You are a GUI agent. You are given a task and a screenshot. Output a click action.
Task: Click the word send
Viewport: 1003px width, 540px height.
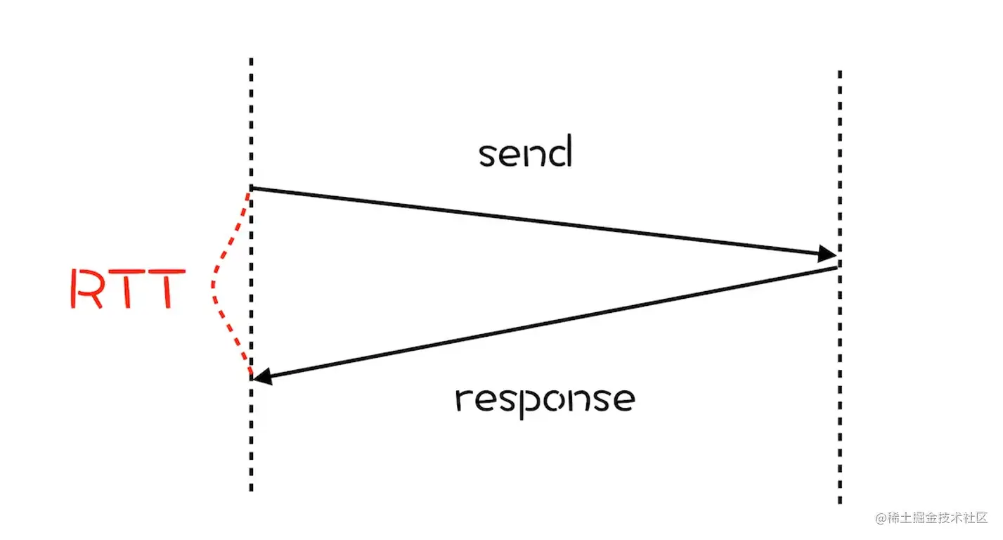tap(525, 153)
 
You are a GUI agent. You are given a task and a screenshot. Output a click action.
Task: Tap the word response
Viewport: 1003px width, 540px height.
tap(545, 400)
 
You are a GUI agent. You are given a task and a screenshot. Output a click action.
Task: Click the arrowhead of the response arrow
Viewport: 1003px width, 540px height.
tap(261, 378)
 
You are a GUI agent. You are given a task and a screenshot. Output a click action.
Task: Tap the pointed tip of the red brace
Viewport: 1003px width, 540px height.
tap(212, 285)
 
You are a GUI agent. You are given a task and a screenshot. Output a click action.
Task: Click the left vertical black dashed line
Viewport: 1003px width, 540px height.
tap(251, 436)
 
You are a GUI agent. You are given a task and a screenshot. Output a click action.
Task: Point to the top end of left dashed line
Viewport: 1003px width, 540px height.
tap(251, 60)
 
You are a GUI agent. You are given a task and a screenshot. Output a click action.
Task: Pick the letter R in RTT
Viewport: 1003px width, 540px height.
tap(86, 288)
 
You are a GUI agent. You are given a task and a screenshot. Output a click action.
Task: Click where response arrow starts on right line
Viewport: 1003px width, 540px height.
tap(836, 267)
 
